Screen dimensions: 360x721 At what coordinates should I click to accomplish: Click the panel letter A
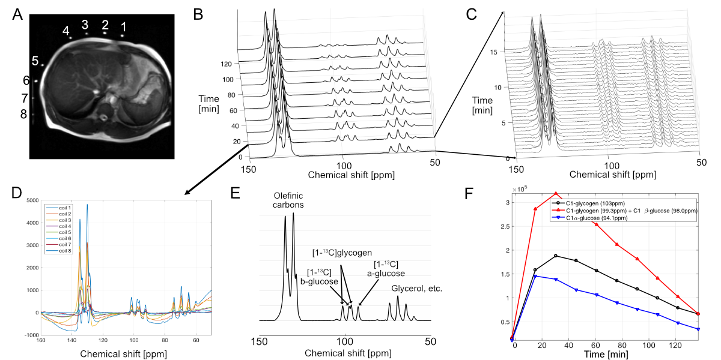pos(19,15)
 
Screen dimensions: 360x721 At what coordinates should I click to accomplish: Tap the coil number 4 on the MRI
pos(65,30)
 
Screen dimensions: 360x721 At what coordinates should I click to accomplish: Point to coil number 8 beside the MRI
pos(23,114)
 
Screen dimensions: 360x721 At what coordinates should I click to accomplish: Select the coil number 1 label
pos(124,26)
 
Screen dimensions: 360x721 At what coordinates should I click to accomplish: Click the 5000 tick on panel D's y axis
pos(29,200)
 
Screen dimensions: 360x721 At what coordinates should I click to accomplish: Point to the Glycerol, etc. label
pos(417,289)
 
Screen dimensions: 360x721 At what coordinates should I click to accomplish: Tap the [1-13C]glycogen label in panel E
pos(345,253)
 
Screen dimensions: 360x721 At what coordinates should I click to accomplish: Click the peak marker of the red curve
pos(556,193)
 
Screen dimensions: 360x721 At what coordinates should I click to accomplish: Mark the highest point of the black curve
pos(556,256)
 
